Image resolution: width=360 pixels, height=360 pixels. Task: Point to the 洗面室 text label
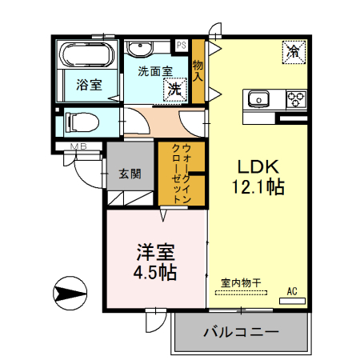point(154,71)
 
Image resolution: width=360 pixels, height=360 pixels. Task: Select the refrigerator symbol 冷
point(293,52)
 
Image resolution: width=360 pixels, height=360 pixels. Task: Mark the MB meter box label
point(79,146)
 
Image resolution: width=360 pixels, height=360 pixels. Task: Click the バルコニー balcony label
point(240,331)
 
